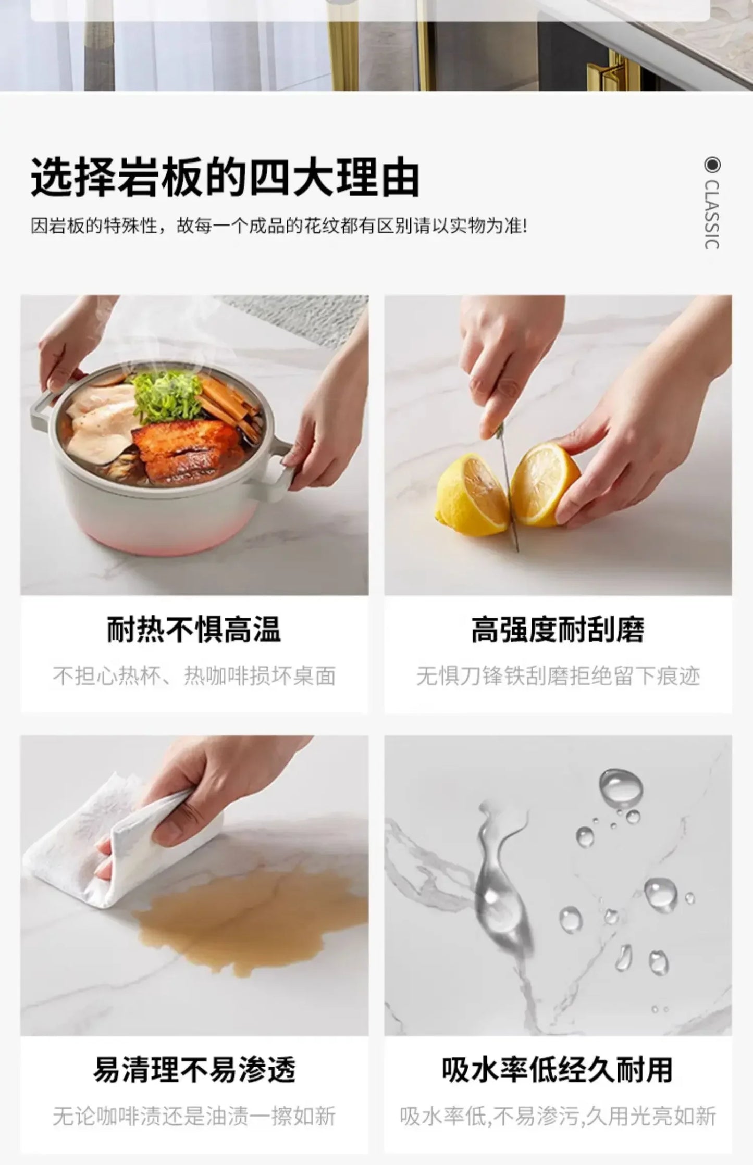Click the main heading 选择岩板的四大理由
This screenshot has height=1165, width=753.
(225, 178)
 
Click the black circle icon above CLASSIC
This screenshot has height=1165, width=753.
(712, 165)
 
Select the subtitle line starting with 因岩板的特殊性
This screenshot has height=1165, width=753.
(279, 226)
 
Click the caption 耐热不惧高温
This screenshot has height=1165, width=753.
(194, 629)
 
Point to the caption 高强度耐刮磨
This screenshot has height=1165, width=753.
(558, 629)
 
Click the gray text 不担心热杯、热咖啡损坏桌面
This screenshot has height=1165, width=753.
(194, 676)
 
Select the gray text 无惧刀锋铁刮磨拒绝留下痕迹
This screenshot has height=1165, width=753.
(558, 676)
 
